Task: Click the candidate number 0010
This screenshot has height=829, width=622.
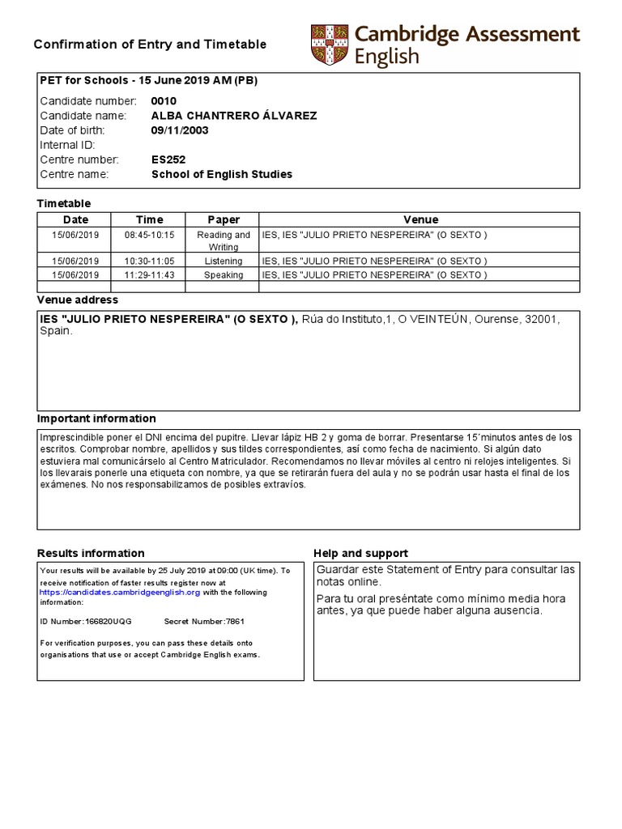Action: click(x=164, y=101)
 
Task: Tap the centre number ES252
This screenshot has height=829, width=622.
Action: click(x=168, y=159)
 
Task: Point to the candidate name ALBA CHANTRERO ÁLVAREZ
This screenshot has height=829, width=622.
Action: click(x=234, y=116)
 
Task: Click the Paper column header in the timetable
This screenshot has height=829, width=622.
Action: click(x=224, y=219)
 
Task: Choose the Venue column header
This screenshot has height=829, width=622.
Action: click(x=420, y=219)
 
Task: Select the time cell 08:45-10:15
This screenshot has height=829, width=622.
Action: click(x=149, y=235)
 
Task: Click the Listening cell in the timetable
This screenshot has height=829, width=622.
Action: click(x=224, y=261)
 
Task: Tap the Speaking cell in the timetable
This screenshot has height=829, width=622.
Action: click(x=224, y=274)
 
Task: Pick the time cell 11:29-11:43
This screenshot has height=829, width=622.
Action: click(x=149, y=274)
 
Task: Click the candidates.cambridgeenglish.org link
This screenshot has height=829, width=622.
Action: click(x=120, y=593)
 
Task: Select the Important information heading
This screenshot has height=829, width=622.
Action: click(x=96, y=419)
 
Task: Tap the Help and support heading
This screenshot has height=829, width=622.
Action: click(x=360, y=554)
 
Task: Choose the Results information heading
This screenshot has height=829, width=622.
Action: click(x=91, y=554)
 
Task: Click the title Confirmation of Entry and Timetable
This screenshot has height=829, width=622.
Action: click(x=150, y=45)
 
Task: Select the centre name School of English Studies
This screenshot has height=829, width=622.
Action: click(x=222, y=174)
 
